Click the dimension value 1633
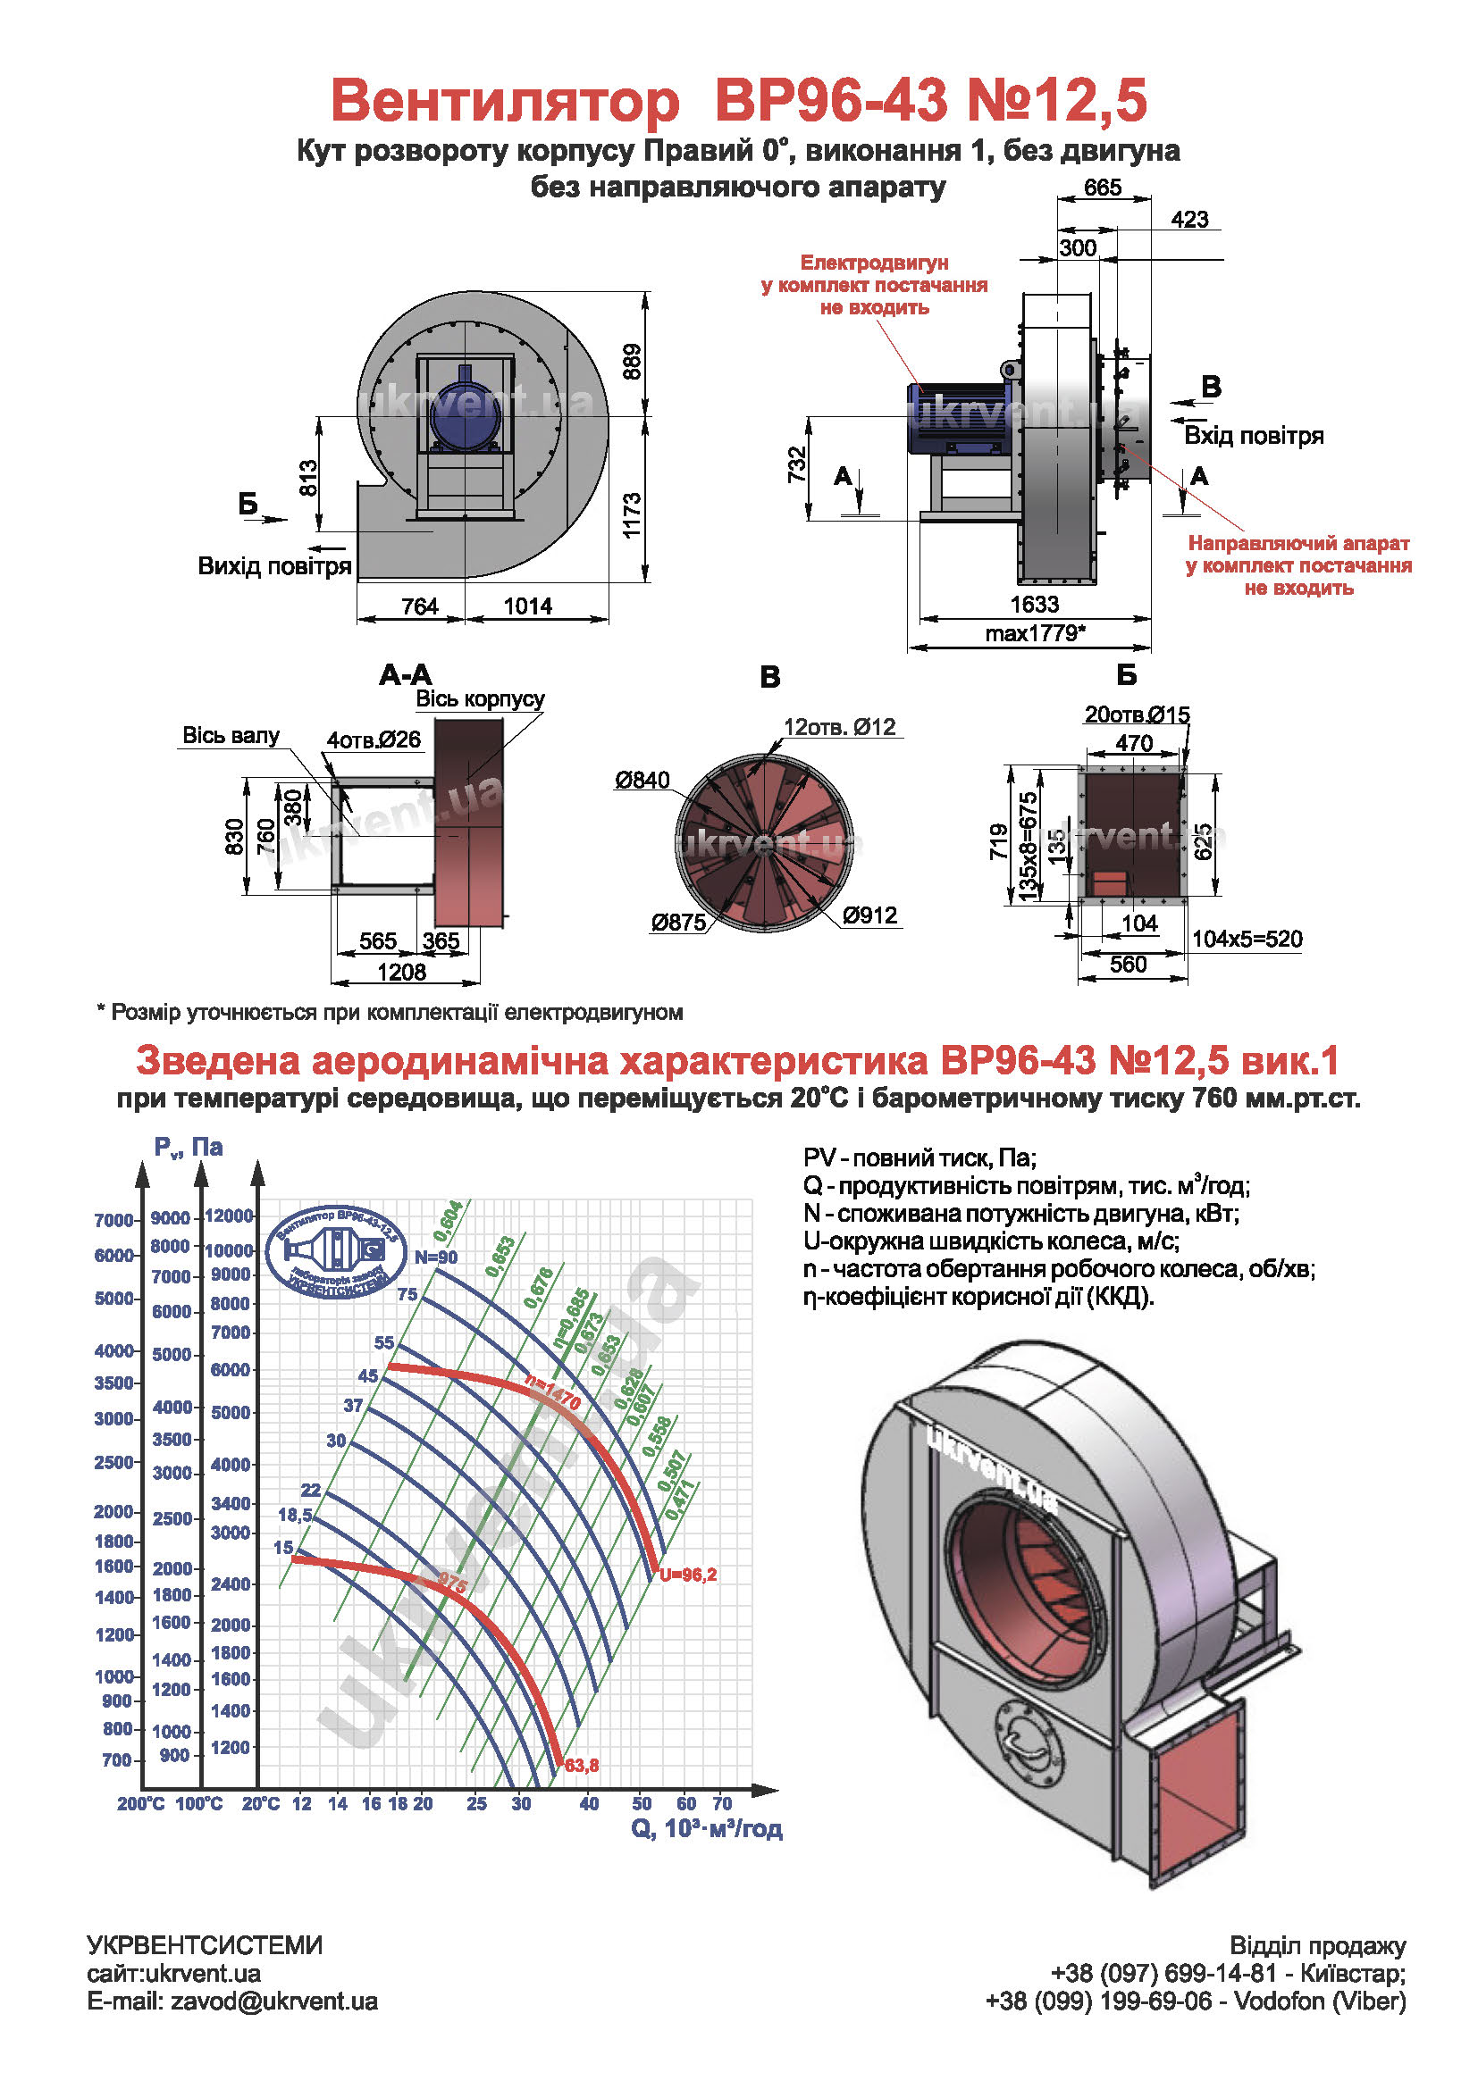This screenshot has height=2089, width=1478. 1034,604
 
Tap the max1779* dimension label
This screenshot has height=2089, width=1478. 1035,633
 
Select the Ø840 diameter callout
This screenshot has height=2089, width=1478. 642,780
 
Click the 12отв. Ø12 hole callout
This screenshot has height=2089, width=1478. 839,726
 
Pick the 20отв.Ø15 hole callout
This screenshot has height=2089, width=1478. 1137,714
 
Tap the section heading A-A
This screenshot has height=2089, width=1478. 406,674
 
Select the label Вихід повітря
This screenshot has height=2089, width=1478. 275,566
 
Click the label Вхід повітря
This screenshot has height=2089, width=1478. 1253,435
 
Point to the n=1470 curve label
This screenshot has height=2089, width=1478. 552,1392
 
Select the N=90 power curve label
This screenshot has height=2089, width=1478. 436,1258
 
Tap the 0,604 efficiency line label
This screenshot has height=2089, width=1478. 448,1221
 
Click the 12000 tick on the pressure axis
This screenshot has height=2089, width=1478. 229,1216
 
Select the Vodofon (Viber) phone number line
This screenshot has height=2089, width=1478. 1196,2001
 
